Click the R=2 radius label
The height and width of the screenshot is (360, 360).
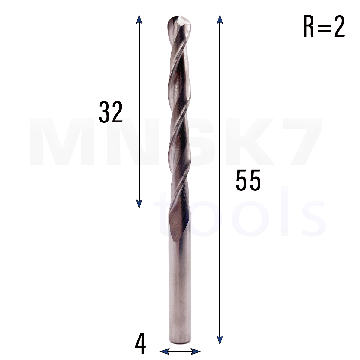coord(324,26)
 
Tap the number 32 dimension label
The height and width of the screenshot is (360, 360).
coord(111,112)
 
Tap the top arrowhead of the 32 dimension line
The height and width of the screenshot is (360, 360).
coord(139,19)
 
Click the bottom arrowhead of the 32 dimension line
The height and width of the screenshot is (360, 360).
coord(139,204)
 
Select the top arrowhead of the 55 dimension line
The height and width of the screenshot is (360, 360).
coord(220,19)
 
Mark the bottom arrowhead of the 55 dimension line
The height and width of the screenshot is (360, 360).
coord(220,340)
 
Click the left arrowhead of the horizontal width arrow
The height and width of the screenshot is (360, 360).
coord(165,351)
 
